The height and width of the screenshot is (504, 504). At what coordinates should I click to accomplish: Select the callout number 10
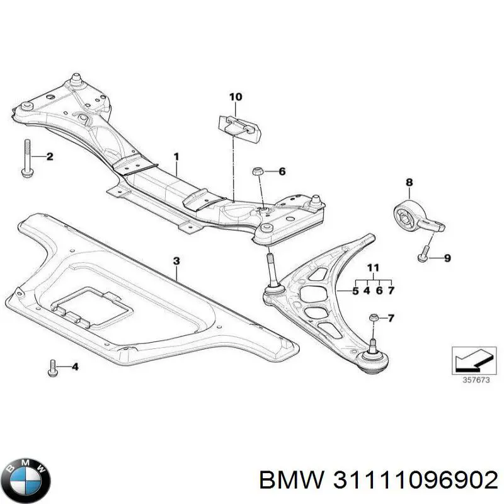235,97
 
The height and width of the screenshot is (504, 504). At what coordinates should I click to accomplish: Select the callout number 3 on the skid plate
176,260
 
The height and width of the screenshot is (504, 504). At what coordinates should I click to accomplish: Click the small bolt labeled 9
423,256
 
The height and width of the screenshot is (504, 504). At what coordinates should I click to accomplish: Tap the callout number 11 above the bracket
373,268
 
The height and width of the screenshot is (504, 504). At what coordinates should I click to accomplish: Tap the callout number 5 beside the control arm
355,290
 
